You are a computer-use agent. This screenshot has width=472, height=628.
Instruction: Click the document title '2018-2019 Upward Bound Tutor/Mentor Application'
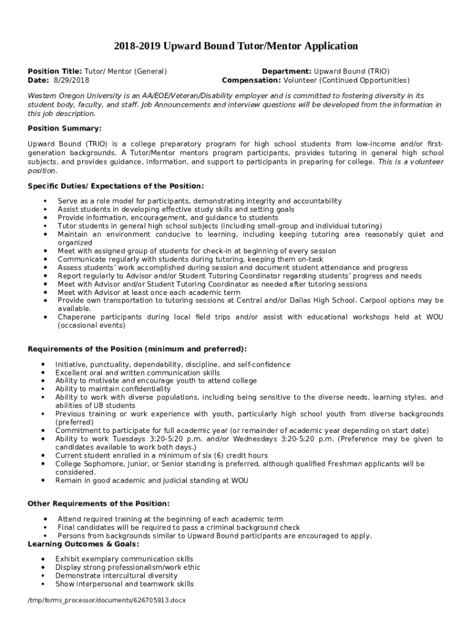236,46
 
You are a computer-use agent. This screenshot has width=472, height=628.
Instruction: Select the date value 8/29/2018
71,80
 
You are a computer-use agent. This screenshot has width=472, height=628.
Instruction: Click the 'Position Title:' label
55,71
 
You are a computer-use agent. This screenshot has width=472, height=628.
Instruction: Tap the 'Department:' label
287,71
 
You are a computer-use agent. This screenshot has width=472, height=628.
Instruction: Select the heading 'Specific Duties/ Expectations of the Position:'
116,186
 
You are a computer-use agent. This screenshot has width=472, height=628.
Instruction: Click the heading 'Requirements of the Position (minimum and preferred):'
137,349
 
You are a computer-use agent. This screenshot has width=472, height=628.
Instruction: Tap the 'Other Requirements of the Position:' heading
99,504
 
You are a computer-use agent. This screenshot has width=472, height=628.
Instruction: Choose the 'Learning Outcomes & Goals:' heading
83,544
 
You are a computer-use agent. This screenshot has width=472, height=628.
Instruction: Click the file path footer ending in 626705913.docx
107,600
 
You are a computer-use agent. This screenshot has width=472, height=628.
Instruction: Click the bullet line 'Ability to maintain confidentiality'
113,389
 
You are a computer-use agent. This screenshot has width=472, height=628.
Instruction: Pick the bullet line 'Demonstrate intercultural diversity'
116,576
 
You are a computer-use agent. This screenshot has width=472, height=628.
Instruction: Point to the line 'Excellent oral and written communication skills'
137,372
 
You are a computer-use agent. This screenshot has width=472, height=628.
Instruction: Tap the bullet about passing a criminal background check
178,527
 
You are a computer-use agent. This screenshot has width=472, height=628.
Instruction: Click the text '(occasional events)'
91,325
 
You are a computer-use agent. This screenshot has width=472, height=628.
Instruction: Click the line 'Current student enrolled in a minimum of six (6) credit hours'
161,456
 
